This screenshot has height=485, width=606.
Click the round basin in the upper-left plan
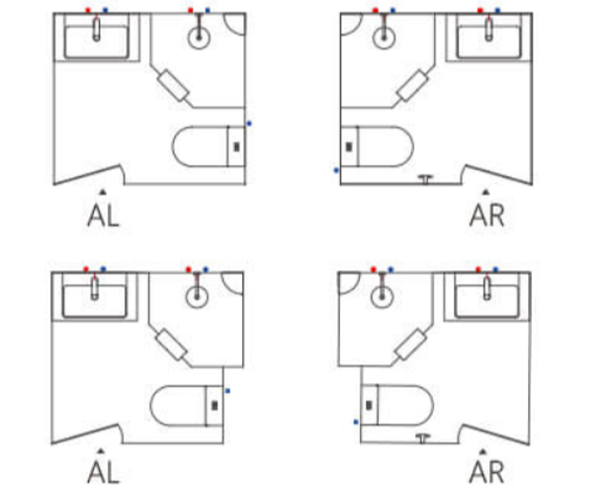coord(199,36)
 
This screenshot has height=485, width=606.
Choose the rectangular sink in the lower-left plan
coord(95,295)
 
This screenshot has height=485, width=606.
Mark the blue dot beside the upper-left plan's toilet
coord(249,124)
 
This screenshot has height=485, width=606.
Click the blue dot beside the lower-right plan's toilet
coord(356,422)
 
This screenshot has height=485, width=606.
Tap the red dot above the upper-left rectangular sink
coord(88,10)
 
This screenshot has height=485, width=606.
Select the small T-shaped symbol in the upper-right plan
coord(427,179)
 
